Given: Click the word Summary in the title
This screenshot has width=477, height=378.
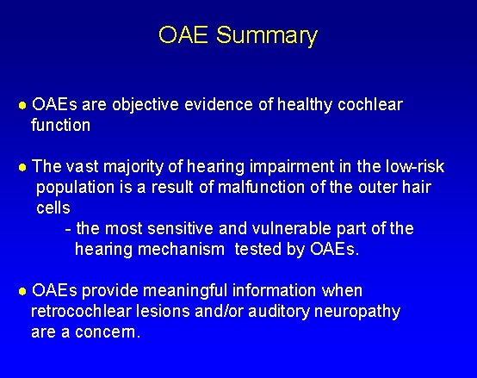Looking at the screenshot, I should pyautogui.click(x=267, y=36).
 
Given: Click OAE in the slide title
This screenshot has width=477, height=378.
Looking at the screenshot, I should pyautogui.click(x=184, y=35).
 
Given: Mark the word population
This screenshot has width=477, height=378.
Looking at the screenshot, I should pyautogui.click(x=75, y=188).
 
